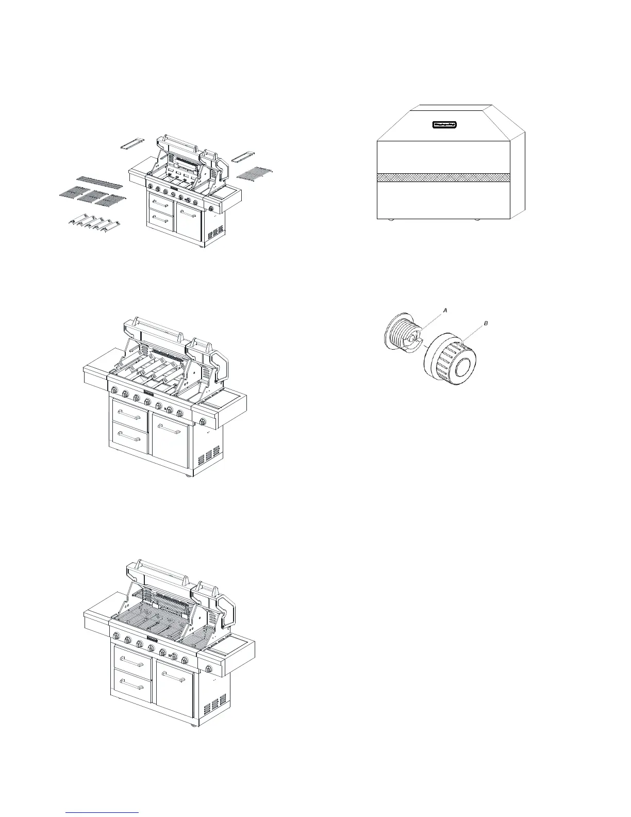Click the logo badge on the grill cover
(445, 124)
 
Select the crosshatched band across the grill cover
(443, 177)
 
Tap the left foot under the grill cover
(391, 220)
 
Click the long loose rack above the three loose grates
(99, 182)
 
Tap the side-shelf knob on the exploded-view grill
(211, 209)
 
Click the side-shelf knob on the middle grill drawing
(203, 422)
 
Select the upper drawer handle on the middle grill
(129, 413)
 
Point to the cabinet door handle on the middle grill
(170, 428)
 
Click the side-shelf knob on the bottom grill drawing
(209, 669)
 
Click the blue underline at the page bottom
(103, 813)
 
